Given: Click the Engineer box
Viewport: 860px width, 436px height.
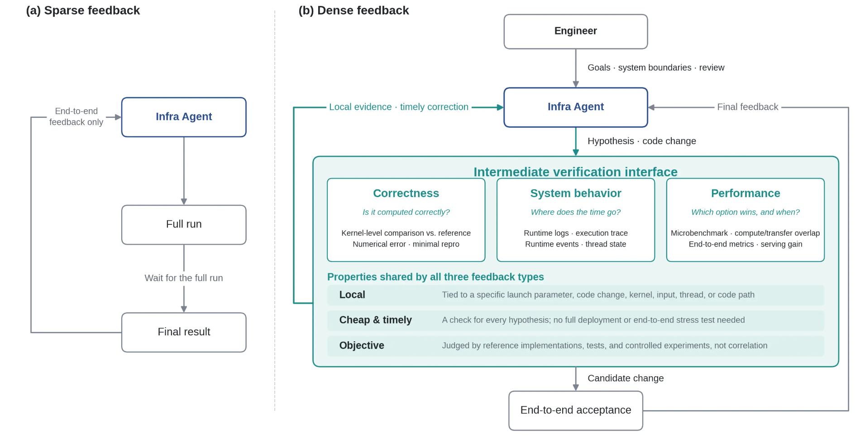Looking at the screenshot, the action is (576, 31).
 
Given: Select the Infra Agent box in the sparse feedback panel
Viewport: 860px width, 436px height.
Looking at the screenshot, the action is (184, 117).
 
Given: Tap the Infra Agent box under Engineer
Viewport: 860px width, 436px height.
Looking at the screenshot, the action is (576, 107).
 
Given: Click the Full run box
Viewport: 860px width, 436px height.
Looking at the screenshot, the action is (184, 224).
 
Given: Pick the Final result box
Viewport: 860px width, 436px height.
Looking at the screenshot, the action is (184, 332).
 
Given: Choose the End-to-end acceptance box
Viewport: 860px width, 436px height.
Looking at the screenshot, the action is (576, 410).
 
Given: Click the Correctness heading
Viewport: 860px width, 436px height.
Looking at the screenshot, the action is (406, 194).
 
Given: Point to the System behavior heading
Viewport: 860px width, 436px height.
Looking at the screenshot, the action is (576, 194).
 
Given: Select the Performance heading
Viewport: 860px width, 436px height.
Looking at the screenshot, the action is (745, 194).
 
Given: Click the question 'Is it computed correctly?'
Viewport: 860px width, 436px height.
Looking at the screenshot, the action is (406, 212).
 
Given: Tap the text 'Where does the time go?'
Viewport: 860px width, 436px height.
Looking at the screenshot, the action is (576, 212).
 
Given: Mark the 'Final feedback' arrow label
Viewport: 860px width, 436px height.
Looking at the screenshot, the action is (748, 107).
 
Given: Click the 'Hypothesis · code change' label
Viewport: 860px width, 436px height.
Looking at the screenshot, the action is (642, 141).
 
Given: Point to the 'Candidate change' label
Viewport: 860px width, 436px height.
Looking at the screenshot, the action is (626, 378).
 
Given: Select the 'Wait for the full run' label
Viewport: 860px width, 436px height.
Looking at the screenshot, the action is (184, 278).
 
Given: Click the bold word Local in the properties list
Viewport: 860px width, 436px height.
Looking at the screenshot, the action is (352, 295).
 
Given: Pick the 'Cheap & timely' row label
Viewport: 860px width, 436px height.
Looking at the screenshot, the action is (376, 320).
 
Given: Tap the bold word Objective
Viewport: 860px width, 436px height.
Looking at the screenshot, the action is (362, 345).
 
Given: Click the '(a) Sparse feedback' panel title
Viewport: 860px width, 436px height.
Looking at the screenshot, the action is (83, 10).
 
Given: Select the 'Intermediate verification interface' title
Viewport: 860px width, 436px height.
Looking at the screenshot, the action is (575, 172).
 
